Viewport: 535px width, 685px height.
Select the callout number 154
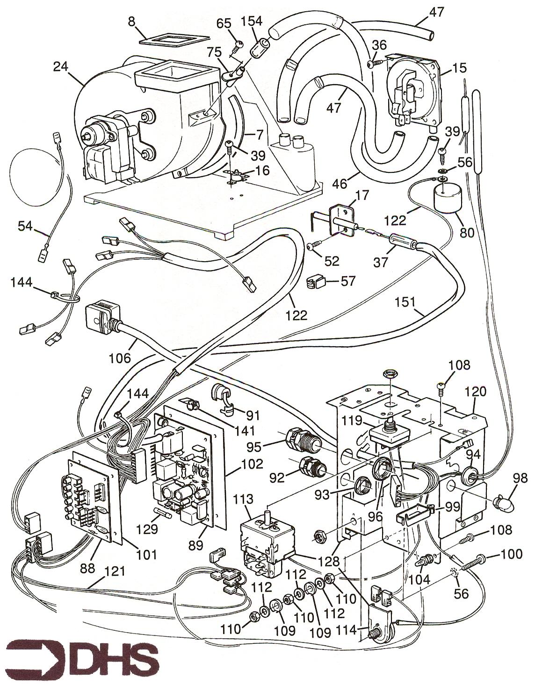coord(252,22)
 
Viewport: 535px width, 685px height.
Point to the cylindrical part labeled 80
coord(446,198)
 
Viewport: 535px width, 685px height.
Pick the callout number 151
coord(405,302)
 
